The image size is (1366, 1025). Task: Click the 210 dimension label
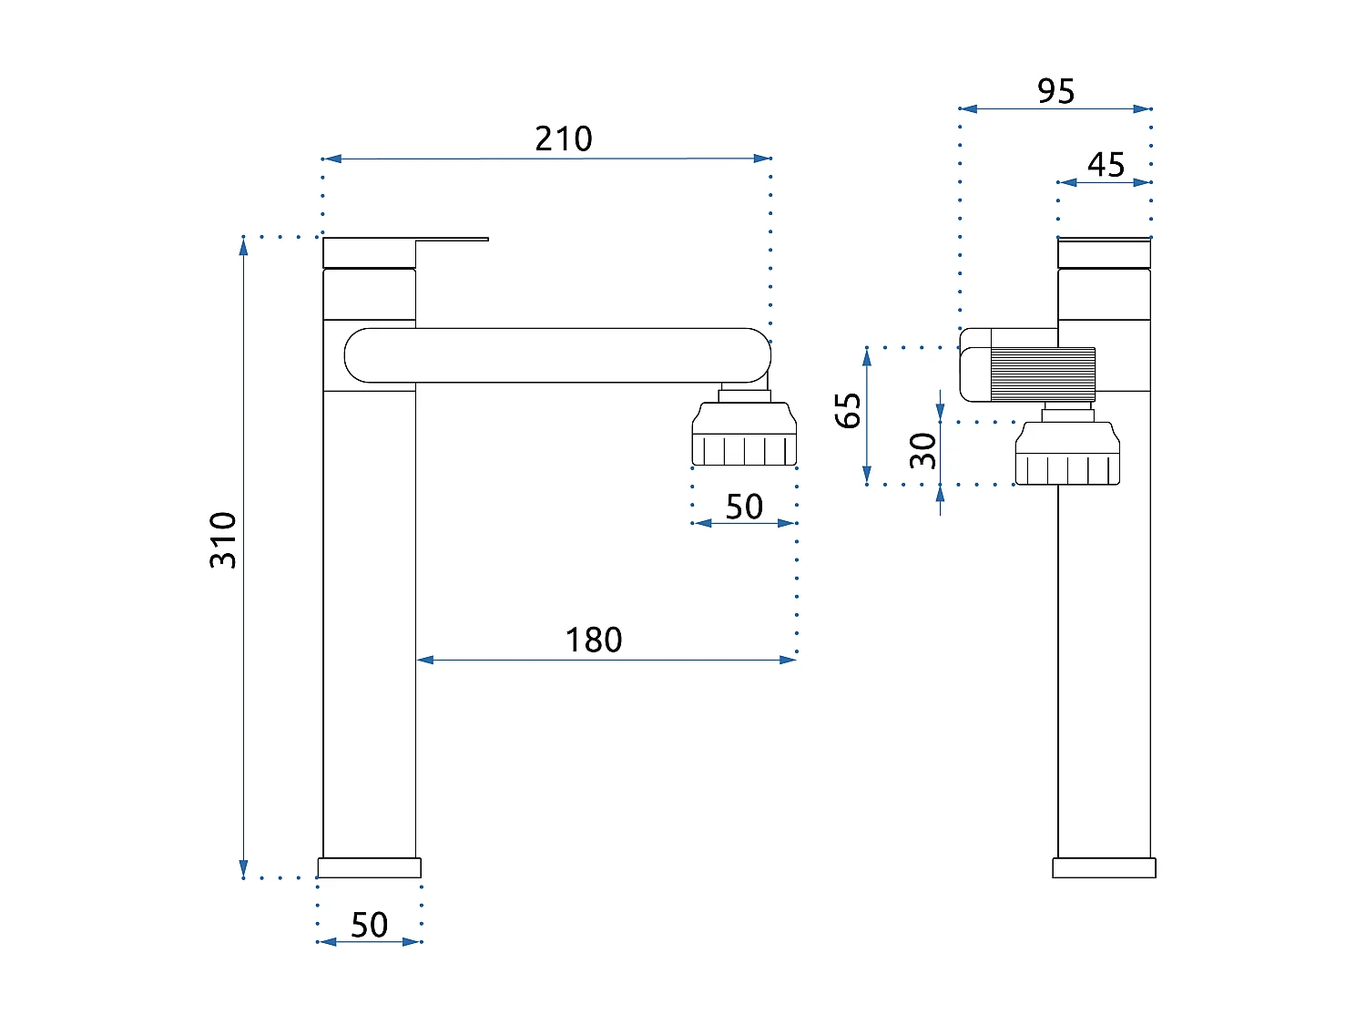tap(564, 139)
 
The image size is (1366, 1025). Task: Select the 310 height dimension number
tap(223, 540)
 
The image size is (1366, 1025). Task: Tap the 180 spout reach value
tap(594, 641)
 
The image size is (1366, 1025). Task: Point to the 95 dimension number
tap(1055, 91)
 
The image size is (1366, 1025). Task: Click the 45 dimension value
tap(1106, 165)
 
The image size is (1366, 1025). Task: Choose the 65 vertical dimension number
tap(848, 410)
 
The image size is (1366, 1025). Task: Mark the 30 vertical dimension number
tap(923, 450)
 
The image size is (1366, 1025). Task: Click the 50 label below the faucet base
tap(370, 925)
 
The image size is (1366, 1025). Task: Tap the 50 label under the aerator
tap(744, 507)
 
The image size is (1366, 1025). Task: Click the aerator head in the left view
tap(744, 437)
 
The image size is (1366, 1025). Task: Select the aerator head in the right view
tap(1067, 456)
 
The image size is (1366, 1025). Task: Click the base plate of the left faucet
tap(369, 867)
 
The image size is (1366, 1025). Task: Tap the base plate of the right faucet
tap(1104, 867)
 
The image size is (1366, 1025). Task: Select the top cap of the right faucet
tap(1104, 252)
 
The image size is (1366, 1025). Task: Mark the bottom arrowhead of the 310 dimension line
tap(243, 870)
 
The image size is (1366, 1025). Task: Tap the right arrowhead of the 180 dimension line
tap(790, 660)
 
